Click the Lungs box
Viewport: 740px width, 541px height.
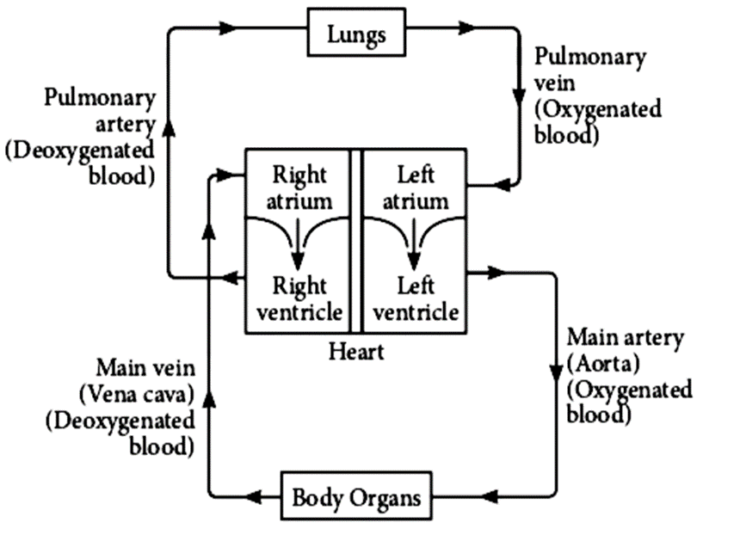(356, 35)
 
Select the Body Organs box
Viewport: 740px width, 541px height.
(356, 497)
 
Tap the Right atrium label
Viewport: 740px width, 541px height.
(299, 188)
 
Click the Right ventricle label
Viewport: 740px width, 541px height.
(299, 298)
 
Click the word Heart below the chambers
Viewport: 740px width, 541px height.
(356, 352)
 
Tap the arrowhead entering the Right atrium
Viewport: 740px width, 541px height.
(228, 175)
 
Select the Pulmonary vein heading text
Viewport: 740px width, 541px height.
(589, 68)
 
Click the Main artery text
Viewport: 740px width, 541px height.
(626, 337)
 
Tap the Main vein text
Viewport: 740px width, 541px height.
(145, 369)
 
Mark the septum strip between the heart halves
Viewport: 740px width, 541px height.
(355, 241)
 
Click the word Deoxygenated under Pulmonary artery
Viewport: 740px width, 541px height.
(80, 150)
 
